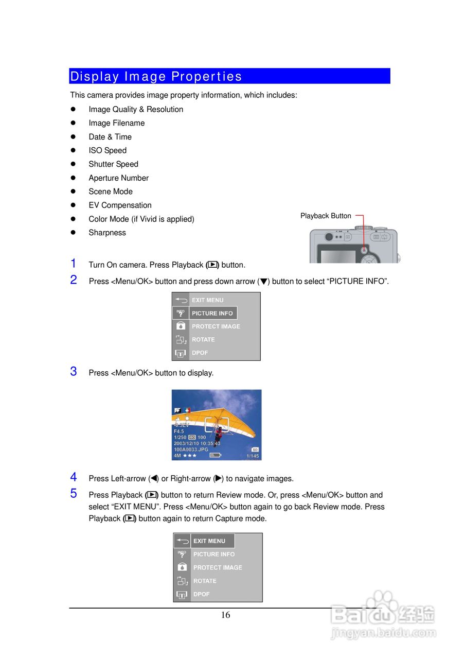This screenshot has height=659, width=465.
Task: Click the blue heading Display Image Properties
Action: (156, 76)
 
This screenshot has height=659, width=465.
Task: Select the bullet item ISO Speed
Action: (108, 150)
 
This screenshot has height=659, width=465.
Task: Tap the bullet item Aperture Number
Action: (118, 178)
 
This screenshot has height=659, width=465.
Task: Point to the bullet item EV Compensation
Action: (120, 205)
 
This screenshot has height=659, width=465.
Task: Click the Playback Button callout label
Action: (326, 216)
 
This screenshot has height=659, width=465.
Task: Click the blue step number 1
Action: (74, 264)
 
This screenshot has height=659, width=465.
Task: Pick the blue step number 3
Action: (74, 372)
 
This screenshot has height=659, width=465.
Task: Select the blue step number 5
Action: (74, 494)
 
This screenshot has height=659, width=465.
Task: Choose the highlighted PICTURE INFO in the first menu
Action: (212, 313)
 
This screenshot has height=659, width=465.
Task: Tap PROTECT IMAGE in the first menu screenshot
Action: (216, 326)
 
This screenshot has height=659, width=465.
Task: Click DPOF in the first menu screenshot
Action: (200, 353)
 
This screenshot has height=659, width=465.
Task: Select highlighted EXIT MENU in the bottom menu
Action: (209, 541)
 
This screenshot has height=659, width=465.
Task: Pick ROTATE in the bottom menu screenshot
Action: (205, 581)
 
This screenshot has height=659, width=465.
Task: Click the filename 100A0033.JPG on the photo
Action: (191, 449)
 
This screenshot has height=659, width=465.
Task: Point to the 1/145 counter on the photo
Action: (253, 456)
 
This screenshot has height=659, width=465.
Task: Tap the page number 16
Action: (225, 615)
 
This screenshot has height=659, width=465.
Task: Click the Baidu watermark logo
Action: (383, 615)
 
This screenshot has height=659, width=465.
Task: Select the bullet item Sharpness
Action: (107, 233)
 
